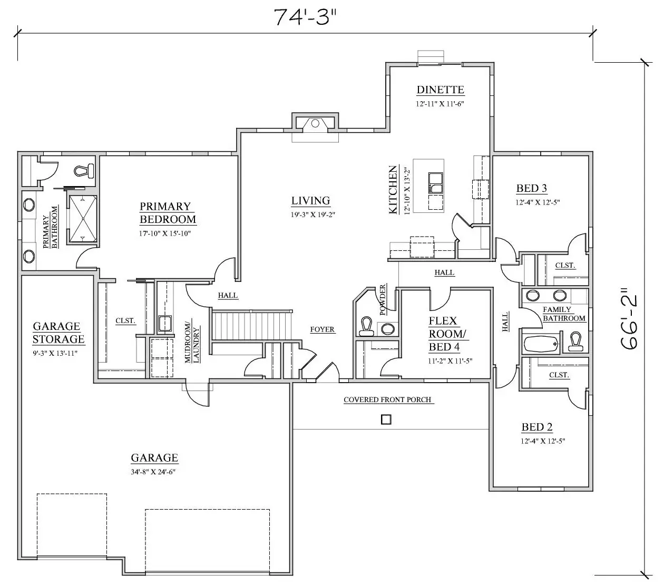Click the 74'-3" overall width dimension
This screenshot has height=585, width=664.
pos(305,17)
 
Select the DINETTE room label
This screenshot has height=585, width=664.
pos(440,90)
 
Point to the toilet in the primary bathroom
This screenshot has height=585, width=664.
pos(84,171)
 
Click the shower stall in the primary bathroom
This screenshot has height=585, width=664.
pos(83,219)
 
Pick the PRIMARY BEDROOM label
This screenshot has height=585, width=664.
pos(168,213)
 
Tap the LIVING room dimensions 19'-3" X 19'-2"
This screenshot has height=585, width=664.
pos(313,215)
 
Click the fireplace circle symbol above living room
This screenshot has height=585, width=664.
pos(315,123)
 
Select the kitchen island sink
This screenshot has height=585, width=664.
pos(436,183)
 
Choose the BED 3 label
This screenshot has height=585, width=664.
pos(532,188)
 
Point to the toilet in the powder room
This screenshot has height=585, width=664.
pos(366,326)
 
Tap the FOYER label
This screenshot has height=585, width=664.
pos(322,329)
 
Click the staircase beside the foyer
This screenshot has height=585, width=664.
pos(252,325)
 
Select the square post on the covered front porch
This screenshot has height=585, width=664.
pos(386,420)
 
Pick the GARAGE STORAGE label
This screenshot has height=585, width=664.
pos(58,333)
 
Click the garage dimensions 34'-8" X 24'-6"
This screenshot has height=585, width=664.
pos(153,472)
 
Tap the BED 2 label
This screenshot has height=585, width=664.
pos(537,427)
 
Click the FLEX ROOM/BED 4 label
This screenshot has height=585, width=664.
pos(447,334)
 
